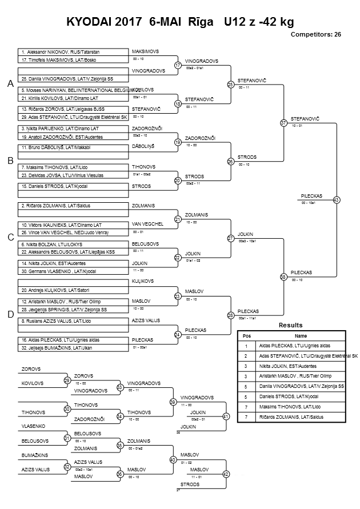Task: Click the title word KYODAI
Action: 90,22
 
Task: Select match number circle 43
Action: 336,200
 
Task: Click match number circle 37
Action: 283,123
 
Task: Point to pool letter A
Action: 10,84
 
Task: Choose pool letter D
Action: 10,314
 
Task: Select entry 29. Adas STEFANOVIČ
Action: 73,117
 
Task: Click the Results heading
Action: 290,325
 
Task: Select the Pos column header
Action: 247,336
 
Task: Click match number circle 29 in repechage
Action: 67,380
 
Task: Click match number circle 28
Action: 231,315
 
